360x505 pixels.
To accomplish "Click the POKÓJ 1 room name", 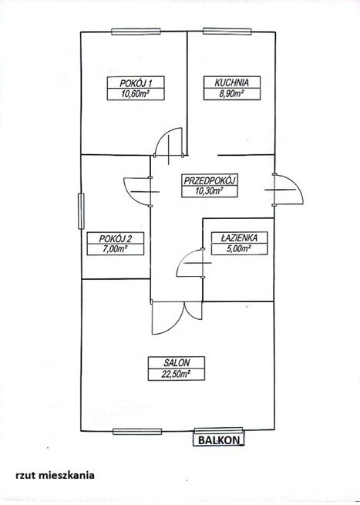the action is click(x=136, y=82).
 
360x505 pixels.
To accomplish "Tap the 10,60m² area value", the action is click(x=136, y=94).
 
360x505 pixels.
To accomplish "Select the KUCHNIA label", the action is click(x=232, y=82).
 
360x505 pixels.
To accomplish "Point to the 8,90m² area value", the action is click(x=232, y=94).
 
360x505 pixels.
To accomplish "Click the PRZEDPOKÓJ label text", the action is click(x=210, y=180).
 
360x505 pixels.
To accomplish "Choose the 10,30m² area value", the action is click(x=210, y=191).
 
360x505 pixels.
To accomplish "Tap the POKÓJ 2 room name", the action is click(x=116, y=239).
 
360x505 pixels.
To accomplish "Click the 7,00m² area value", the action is click(x=116, y=249).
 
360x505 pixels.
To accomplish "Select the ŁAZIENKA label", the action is click(x=239, y=237).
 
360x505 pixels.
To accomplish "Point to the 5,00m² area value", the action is click(x=239, y=248).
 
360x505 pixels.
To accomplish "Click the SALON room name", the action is click(x=177, y=362).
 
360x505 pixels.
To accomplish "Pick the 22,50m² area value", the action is click(x=176, y=374).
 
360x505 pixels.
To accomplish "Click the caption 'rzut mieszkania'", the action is click(x=55, y=475).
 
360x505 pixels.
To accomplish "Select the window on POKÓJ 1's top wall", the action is click(x=136, y=32).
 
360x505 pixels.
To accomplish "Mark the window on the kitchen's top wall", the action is click(x=227, y=32).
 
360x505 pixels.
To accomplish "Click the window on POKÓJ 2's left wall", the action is click(x=81, y=211).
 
